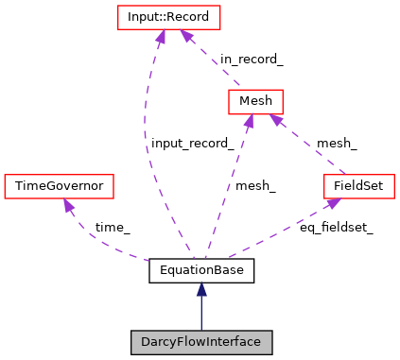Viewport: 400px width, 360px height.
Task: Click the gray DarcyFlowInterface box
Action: point(201,342)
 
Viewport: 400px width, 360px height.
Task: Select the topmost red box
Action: point(168,17)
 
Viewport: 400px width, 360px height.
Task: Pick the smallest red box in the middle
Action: point(255,101)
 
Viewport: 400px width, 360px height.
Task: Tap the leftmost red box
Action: point(59,186)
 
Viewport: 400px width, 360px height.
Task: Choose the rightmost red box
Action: point(358,186)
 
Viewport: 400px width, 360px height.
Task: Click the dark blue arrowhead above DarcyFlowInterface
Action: point(201,289)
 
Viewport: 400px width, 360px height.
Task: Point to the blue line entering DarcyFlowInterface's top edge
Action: point(201,317)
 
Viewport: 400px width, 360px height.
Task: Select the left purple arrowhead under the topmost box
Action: point(160,37)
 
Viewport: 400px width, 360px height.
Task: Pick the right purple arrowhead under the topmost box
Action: point(187,36)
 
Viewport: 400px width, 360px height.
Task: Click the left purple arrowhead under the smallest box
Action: point(249,121)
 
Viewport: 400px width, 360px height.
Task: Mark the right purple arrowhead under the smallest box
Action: point(275,120)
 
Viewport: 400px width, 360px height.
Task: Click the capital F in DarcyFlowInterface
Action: point(177,342)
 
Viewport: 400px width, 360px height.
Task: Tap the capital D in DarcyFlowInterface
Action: point(145,342)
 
